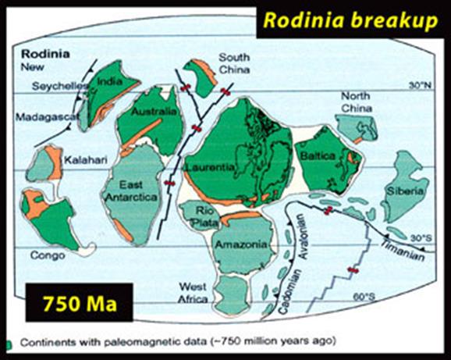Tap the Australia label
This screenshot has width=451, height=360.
coord(153,112)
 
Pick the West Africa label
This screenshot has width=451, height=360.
coord(192,292)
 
